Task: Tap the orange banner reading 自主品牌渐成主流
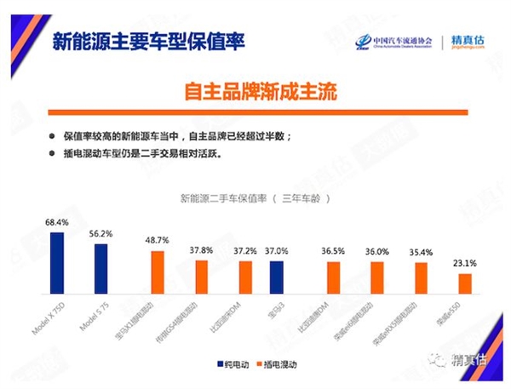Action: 255,91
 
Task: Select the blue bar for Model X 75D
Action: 57,262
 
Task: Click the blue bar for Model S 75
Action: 101,268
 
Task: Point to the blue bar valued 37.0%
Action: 276,277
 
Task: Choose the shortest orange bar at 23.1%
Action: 464,283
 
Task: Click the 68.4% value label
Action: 57,222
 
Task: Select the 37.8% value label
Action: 201,250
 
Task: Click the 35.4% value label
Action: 421,253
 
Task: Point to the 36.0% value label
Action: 376,252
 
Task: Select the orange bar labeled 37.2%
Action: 245,277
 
